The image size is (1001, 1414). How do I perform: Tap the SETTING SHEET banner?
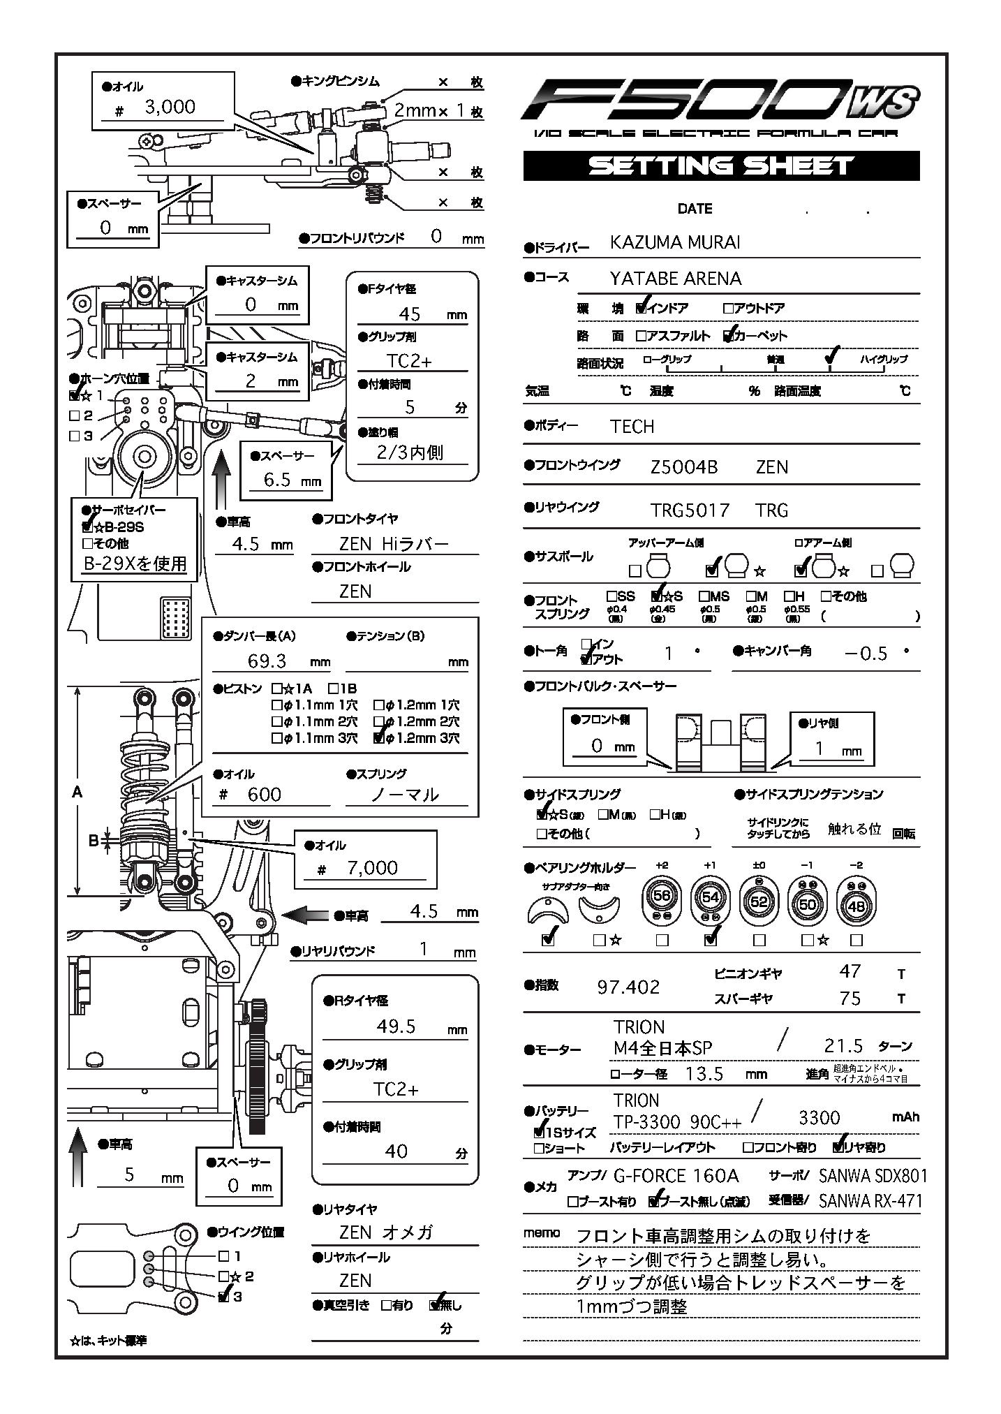(721, 166)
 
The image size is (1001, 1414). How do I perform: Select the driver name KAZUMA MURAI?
(675, 242)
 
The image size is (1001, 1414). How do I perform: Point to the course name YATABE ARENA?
(675, 279)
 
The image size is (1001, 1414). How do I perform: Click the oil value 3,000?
(170, 107)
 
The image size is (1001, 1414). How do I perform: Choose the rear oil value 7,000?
(373, 868)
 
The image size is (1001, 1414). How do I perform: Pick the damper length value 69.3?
(267, 661)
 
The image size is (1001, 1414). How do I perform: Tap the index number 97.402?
(628, 987)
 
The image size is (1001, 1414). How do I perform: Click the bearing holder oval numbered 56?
(662, 897)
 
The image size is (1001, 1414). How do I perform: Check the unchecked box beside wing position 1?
(224, 1255)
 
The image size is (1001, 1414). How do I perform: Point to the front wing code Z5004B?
(683, 467)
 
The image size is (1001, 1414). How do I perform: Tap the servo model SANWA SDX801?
(873, 1176)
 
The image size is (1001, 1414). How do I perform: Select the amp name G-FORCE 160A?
(676, 1176)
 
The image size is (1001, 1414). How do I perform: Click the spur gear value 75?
(850, 999)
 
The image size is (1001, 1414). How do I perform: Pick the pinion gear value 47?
(850, 971)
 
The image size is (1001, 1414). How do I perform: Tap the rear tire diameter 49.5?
(396, 1026)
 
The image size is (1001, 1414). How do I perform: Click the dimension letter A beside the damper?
(77, 792)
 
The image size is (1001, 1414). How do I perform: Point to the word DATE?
(695, 209)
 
